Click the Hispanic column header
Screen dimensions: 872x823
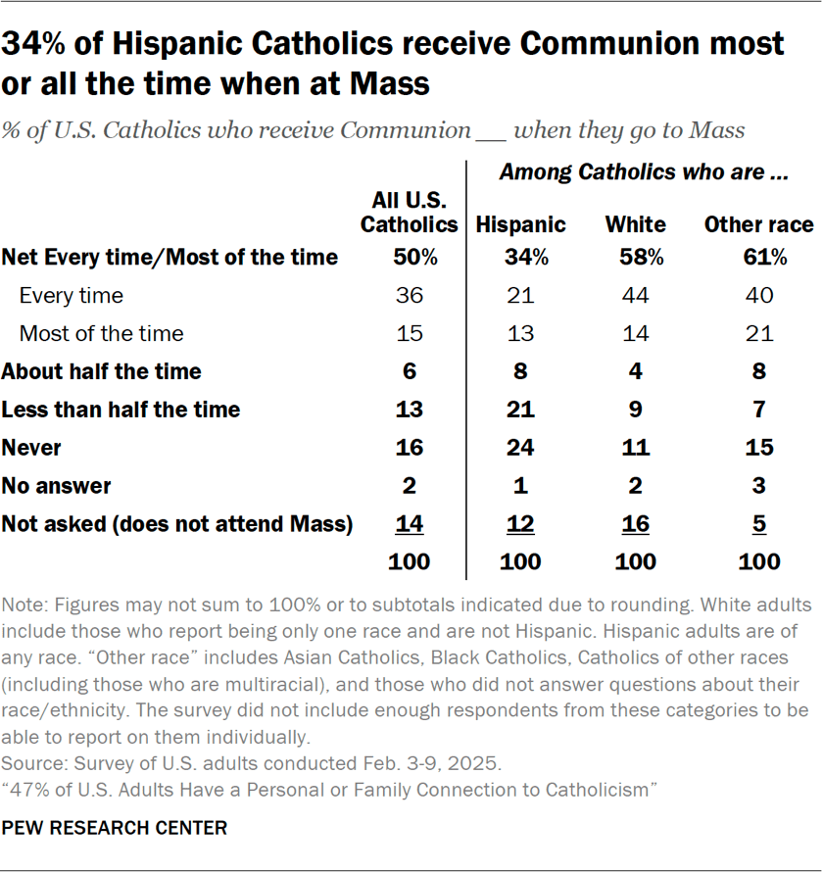point(520,224)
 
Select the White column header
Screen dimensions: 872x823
point(635,224)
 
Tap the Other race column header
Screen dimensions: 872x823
point(758,224)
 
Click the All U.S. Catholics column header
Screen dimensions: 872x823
point(409,213)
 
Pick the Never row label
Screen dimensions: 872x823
point(31,448)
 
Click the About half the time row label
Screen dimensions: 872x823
point(101,371)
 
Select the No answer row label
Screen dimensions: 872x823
point(56,486)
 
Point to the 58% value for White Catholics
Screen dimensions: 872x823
point(635,258)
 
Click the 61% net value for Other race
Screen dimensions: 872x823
point(758,258)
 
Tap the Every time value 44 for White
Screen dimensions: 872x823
point(635,295)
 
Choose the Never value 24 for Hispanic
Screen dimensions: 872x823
point(520,448)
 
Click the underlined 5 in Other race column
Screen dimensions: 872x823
point(758,524)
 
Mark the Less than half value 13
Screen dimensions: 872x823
point(409,410)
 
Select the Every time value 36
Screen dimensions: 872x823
point(409,295)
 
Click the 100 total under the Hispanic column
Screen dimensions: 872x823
point(520,561)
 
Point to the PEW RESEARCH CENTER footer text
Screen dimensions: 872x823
point(114,828)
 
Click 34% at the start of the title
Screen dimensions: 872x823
point(38,44)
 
